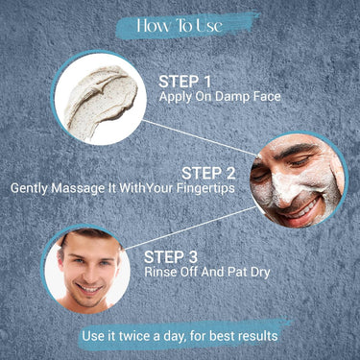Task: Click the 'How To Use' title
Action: [x=180, y=26]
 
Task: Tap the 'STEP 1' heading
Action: [x=185, y=82]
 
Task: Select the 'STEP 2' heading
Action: [x=208, y=174]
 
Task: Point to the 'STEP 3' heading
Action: [x=171, y=257]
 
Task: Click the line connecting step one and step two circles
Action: [x=200, y=138]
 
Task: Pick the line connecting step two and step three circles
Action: [x=190, y=228]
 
